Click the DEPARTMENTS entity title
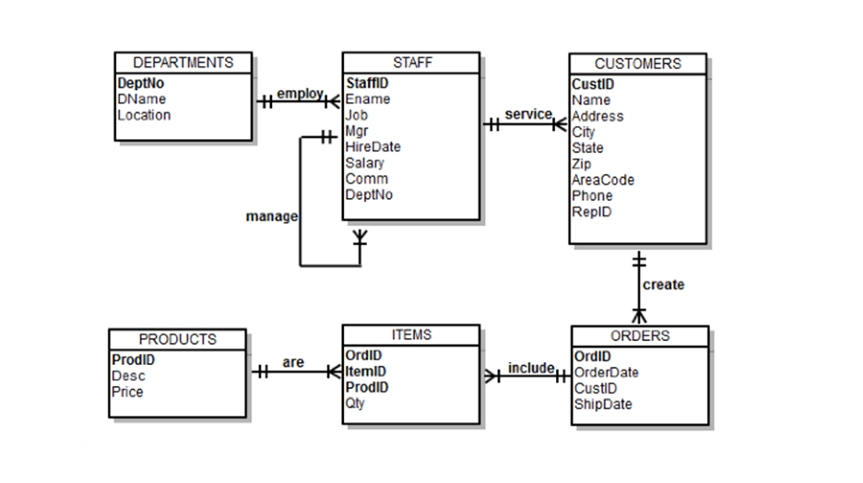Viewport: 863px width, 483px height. click(x=183, y=63)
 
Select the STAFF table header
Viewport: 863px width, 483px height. click(x=411, y=63)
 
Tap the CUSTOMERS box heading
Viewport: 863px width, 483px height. click(x=637, y=64)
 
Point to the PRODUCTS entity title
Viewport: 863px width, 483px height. click(x=177, y=339)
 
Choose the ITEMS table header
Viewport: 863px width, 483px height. click(x=411, y=335)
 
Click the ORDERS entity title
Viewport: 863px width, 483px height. click(x=640, y=336)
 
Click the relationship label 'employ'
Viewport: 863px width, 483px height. click(x=300, y=93)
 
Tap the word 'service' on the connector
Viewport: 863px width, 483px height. click(x=527, y=114)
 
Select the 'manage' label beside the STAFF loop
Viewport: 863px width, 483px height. click(x=272, y=216)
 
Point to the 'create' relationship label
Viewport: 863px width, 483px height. click(x=664, y=285)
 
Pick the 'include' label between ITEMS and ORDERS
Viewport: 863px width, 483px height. click(x=531, y=368)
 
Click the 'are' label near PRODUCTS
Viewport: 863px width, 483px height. click(x=293, y=362)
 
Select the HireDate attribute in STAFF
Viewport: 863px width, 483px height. click(x=372, y=147)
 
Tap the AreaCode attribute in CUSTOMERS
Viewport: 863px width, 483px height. click(x=603, y=180)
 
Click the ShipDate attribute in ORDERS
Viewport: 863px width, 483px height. click(x=603, y=404)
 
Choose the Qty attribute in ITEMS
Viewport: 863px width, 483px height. click(x=355, y=403)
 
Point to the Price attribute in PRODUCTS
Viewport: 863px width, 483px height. click(x=127, y=392)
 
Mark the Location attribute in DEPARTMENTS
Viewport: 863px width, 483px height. click(x=144, y=115)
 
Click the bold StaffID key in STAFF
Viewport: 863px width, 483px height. click(x=367, y=83)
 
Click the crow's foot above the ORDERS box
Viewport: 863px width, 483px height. click(x=638, y=316)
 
